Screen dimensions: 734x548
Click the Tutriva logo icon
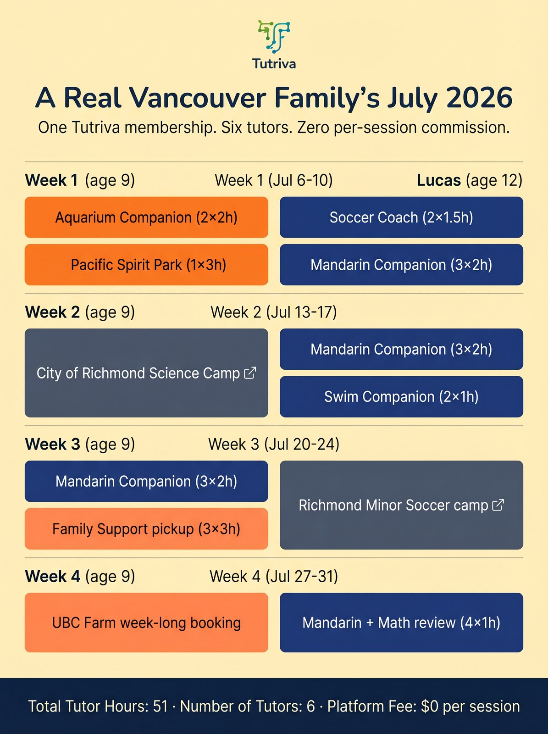pos(274,36)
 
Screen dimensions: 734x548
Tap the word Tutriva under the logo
pos(274,64)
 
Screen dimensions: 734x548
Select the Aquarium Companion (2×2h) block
pos(146,217)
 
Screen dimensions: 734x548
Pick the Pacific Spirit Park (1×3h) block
pos(146,265)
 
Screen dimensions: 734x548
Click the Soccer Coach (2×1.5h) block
pos(401,217)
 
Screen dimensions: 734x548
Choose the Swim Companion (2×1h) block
pos(401,397)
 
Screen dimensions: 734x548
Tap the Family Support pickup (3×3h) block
pos(146,529)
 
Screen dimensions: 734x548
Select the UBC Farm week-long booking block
pos(146,623)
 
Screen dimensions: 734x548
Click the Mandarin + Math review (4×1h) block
pos(401,623)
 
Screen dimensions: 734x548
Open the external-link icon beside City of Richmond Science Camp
pos(250,373)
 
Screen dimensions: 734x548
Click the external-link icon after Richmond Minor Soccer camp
pos(498,505)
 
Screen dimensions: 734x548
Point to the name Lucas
pos(438,180)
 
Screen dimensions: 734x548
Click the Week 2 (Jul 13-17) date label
pos(274,312)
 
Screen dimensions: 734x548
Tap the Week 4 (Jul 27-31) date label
pos(274,577)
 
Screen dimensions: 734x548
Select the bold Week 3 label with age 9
pos(53,445)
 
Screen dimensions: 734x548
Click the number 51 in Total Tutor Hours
pos(161,706)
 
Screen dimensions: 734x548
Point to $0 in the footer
pos(430,706)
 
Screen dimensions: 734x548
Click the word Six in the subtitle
pos(232,128)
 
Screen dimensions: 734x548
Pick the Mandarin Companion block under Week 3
pos(146,481)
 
